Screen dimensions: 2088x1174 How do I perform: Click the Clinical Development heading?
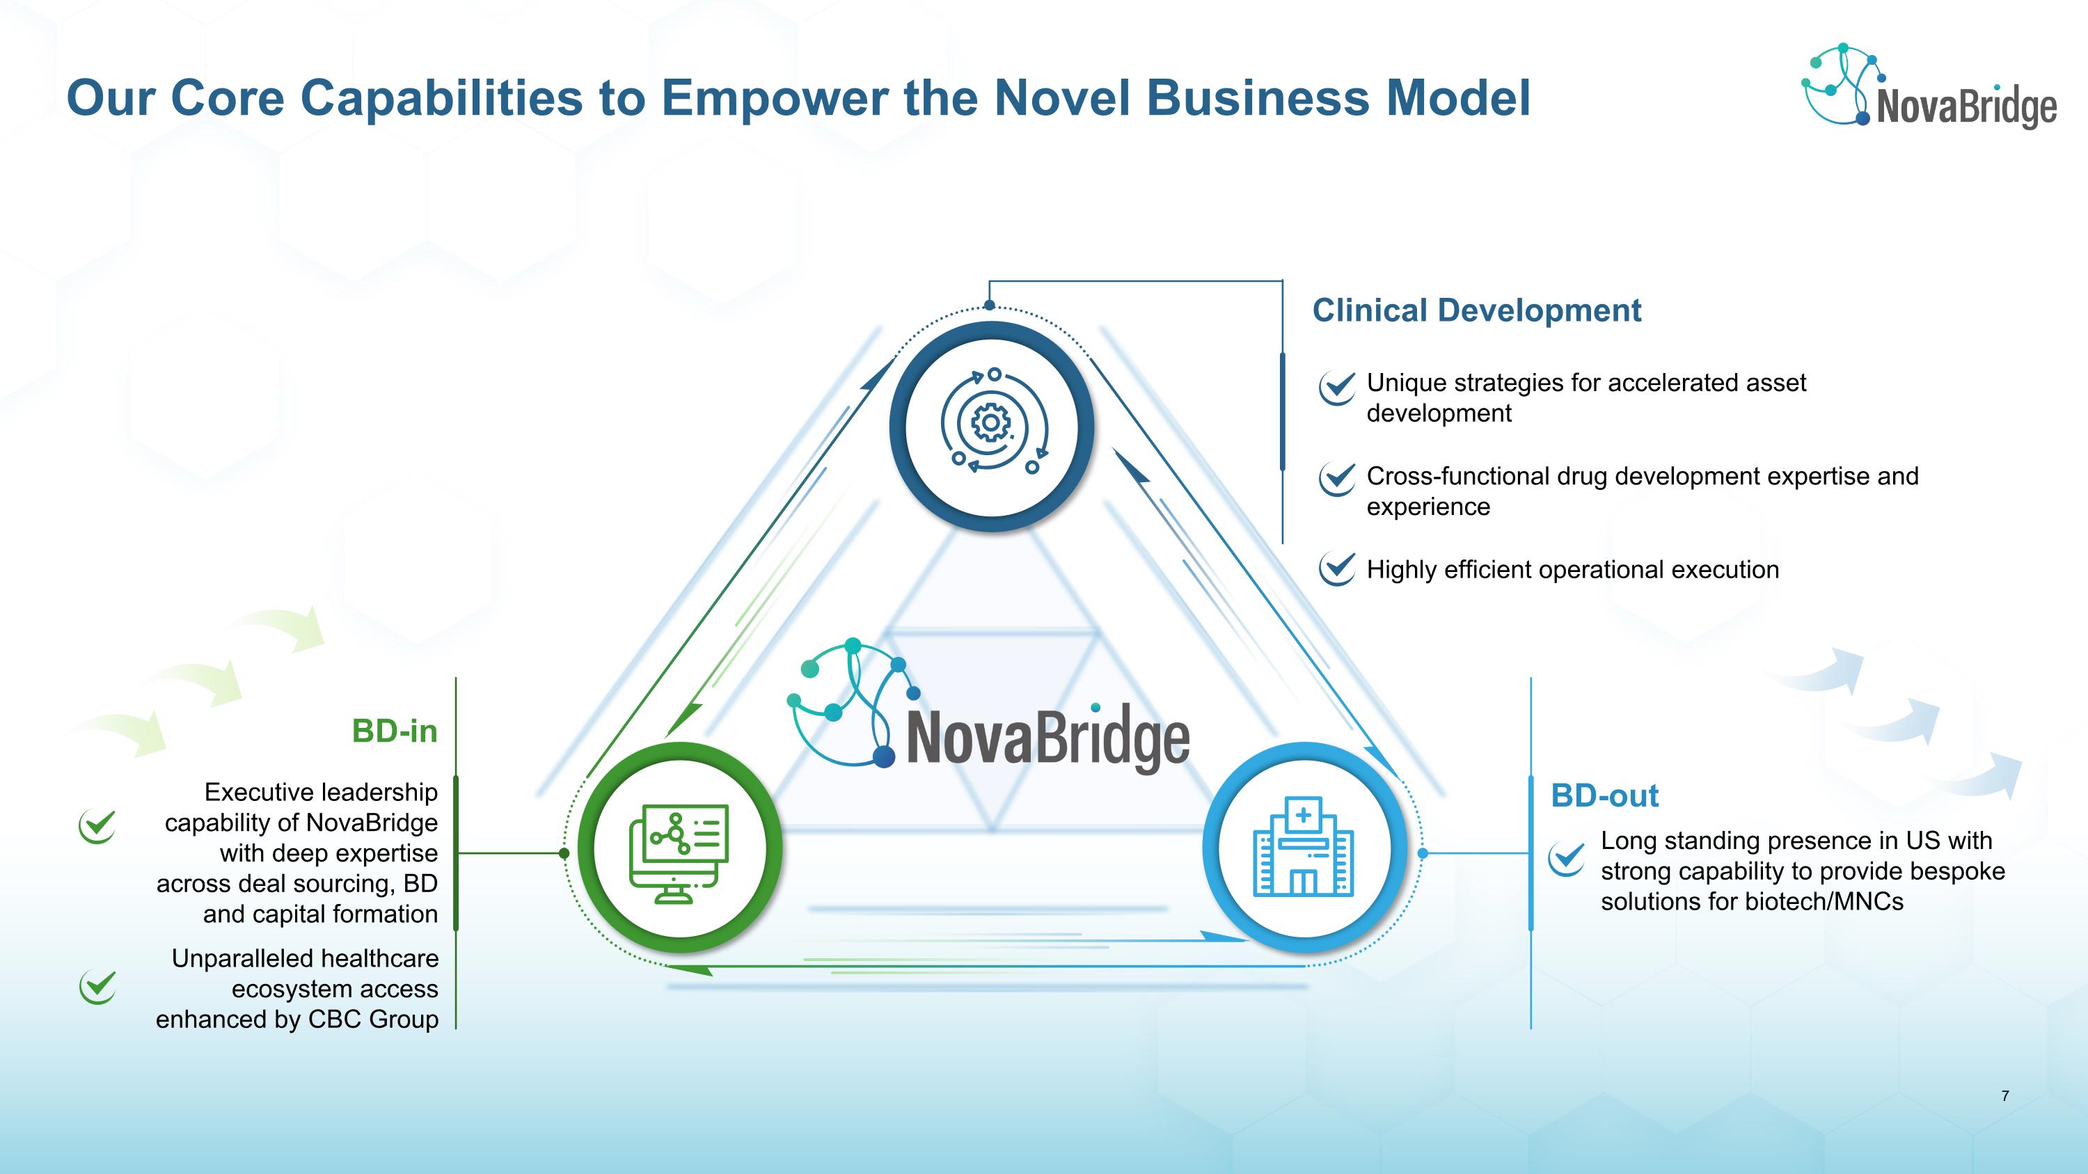1476,310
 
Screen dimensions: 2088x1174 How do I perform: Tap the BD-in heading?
395,731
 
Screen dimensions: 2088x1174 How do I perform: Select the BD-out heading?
1605,795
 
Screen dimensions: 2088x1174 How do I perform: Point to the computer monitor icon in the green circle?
679,853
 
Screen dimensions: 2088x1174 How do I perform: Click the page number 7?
2005,1096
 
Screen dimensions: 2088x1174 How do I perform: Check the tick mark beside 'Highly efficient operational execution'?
1336,569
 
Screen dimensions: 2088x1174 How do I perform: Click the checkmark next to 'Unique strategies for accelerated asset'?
1336,386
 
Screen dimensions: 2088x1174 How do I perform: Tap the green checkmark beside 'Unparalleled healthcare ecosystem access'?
98,987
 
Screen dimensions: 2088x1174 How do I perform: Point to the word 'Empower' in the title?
775,98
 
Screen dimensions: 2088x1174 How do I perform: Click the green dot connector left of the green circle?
564,853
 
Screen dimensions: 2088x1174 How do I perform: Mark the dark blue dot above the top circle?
989,306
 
